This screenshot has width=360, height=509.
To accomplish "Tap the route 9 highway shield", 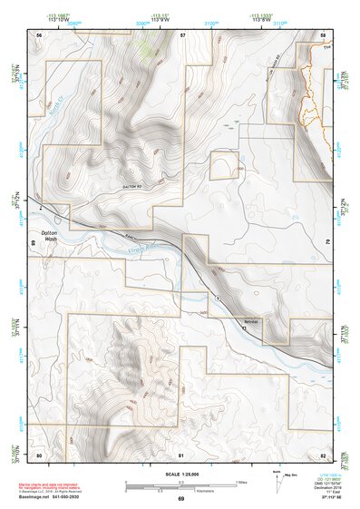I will [x=219, y=299].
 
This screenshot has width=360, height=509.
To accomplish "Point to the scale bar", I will [x=180, y=486].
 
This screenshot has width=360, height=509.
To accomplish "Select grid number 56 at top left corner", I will [x=39, y=34].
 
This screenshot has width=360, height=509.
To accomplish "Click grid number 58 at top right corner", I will [x=324, y=34].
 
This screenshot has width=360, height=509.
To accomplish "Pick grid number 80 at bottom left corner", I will [x=39, y=455].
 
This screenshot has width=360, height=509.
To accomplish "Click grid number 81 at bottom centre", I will [x=181, y=455].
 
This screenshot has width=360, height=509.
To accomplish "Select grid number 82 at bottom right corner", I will [x=324, y=455].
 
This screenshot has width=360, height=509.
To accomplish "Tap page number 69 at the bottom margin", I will [x=180, y=499].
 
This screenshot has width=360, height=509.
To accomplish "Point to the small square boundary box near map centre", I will [x=225, y=166].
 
